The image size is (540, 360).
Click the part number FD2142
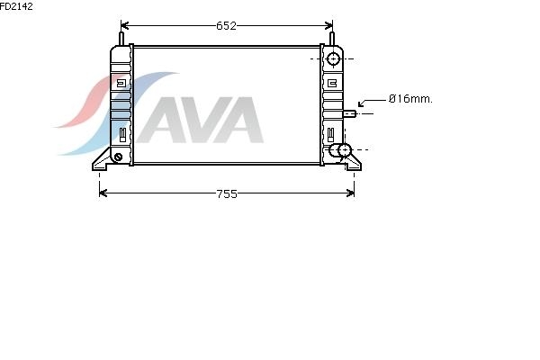(16, 6)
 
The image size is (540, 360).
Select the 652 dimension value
(226, 26)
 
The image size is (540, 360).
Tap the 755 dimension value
(227, 194)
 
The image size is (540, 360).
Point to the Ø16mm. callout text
(410, 99)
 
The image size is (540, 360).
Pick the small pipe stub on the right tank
(349, 113)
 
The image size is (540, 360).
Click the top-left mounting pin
(121, 39)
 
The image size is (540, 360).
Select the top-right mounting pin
(331, 39)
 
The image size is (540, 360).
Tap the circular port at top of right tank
(333, 58)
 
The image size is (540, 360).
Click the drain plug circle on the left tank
(118, 157)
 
